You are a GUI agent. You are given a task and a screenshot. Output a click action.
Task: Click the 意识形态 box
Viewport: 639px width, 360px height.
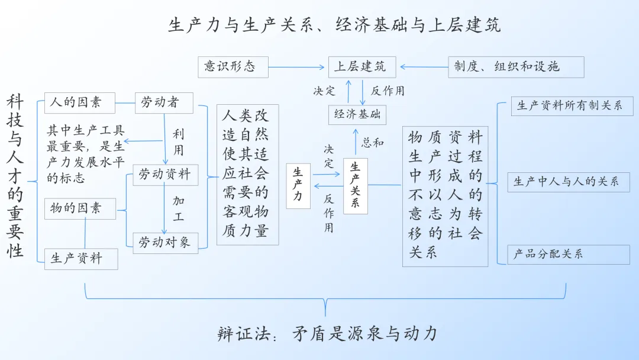pos(233,67)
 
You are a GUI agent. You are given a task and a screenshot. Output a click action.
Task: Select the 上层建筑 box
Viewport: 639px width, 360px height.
pos(362,67)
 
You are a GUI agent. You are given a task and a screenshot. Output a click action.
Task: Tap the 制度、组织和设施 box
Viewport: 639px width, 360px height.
pos(516,67)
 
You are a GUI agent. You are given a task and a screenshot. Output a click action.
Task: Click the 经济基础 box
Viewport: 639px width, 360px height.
pos(357,114)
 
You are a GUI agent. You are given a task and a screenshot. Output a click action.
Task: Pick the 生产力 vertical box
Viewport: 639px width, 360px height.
pos(298,186)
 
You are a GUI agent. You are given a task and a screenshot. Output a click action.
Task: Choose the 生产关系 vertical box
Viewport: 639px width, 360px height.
pos(356,187)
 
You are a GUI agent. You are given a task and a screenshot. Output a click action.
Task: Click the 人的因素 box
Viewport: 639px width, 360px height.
pos(79,103)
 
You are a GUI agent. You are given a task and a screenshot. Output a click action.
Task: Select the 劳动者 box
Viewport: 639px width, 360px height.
pos(164,103)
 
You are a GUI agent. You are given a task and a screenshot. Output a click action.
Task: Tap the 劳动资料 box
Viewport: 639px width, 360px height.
pos(166,175)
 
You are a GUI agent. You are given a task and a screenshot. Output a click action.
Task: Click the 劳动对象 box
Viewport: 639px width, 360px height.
pos(166,243)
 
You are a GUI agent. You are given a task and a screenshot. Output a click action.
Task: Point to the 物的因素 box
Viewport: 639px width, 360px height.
pos(80,209)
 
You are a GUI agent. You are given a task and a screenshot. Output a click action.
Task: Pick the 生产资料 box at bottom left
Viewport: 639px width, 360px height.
pos(81,259)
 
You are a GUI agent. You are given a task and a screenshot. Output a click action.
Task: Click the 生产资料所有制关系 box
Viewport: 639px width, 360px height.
pos(572,106)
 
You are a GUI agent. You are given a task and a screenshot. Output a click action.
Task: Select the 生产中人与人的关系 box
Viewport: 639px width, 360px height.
pos(569,182)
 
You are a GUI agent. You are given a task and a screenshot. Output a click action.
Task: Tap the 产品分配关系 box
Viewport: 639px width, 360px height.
pos(569,255)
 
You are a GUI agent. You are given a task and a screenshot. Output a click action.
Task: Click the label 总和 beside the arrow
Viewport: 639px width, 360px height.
pos(373,142)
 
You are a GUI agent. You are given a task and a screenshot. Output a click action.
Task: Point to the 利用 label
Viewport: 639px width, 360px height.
pos(178,142)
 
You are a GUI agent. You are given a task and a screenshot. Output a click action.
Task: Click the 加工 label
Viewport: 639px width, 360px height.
pos(178,208)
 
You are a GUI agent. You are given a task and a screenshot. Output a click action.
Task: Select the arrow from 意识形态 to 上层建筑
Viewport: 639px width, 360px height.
pos(296,67)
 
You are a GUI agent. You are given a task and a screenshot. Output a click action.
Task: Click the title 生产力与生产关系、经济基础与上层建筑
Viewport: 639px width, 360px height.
pos(334,25)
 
